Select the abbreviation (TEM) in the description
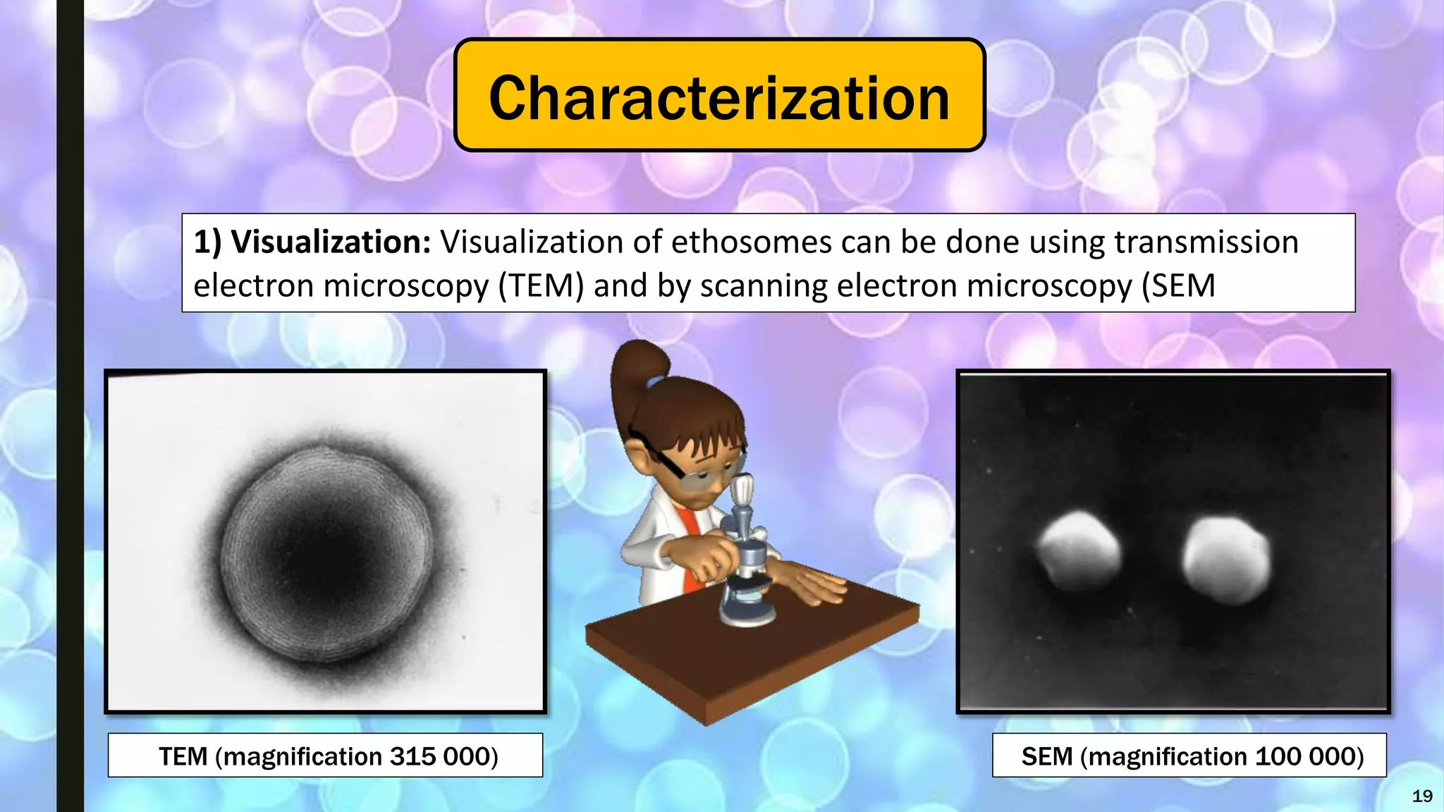tap(541, 286)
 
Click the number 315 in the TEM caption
tap(412, 756)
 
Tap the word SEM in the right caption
tap(1046, 756)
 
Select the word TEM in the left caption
tap(183, 756)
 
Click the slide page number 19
tap(1422, 796)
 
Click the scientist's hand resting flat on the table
tap(811, 585)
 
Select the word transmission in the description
tap(1206, 242)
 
